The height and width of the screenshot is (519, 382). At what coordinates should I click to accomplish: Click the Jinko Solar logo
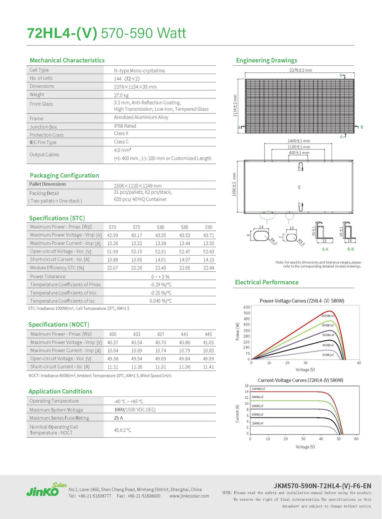point(46,490)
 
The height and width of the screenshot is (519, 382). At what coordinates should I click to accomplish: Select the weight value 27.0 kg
point(121,95)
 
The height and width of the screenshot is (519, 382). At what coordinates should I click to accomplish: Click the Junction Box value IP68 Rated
point(125,126)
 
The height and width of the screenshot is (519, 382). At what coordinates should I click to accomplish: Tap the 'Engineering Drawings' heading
point(266,60)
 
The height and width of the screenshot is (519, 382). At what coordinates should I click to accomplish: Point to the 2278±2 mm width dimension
point(301,70)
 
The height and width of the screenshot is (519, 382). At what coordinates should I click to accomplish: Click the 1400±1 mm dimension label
point(299,141)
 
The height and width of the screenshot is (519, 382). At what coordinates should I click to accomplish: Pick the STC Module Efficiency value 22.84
point(208,268)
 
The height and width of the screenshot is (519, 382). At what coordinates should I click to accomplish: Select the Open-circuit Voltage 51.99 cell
point(113,252)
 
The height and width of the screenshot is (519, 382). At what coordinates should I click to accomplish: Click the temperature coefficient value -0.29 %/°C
point(160,285)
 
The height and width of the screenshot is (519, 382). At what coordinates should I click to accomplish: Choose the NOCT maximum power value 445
point(208,334)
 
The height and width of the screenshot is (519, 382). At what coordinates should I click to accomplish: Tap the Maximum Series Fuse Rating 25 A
point(118,418)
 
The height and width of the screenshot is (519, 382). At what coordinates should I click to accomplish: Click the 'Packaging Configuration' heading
point(64,176)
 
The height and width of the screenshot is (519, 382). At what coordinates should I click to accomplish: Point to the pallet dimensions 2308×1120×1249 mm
point(138,186)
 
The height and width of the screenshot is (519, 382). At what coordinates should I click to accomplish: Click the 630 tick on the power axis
point(247,307)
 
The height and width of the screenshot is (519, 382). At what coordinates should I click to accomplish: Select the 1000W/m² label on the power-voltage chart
point(327,316)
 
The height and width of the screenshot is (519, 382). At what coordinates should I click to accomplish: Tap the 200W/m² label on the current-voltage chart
point(257,423)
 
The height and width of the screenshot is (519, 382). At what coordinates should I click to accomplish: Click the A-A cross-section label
point(325,249)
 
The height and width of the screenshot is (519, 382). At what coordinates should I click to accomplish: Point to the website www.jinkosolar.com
point(189,496)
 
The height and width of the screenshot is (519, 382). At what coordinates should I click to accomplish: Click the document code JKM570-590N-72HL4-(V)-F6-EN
point(322,486)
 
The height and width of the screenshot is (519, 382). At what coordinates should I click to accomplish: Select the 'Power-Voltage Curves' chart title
point(302,301)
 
